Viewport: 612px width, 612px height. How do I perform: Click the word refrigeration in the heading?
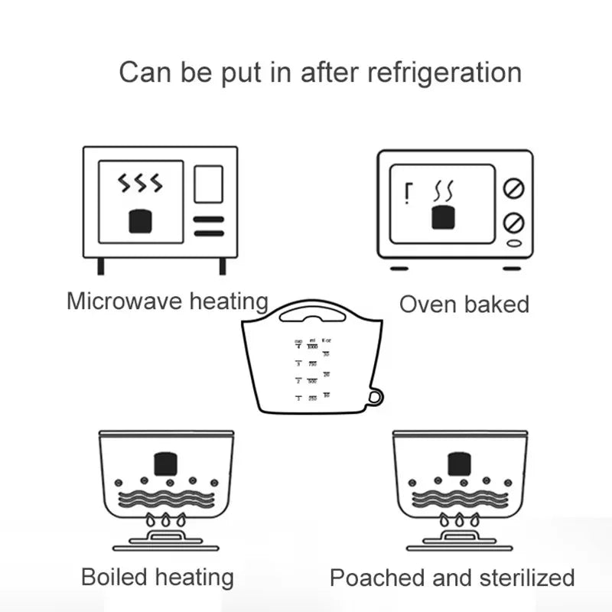(444, 73)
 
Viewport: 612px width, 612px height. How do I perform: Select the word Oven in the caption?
(427, 304)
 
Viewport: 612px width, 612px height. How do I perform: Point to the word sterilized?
(525, 577)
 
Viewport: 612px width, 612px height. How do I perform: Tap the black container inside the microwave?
(140, 222)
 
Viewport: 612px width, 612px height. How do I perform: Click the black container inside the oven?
(444, 216)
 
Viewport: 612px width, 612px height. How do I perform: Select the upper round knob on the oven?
(513, 187)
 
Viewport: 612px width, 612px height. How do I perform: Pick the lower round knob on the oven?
(513, 223)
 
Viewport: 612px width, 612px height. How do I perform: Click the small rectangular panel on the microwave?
(208, 184)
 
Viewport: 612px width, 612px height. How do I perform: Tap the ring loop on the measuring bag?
(374, 396)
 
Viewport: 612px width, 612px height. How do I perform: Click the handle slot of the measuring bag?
(311, 314)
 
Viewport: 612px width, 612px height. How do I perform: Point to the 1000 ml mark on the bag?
(312, 347)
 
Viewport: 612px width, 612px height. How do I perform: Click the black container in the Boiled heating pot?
(166, 464)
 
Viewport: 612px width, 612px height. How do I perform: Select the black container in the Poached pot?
(459, 464)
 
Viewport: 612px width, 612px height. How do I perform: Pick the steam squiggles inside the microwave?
(140, 184)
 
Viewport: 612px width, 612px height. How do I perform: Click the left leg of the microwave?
(100, 265)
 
